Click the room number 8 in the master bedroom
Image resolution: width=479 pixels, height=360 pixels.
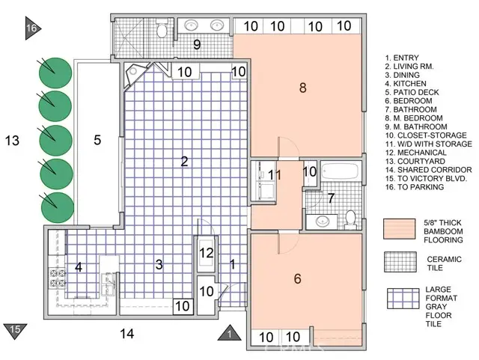(302, 88)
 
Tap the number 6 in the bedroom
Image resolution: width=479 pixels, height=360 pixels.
(297, 279)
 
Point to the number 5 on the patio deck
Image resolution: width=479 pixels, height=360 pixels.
(97, 139)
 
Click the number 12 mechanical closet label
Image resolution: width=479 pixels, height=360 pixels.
(207, 252)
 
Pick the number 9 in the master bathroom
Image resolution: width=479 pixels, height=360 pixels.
(197, 45)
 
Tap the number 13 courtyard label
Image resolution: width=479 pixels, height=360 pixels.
(12, 140)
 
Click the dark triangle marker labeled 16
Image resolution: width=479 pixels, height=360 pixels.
(31, 28)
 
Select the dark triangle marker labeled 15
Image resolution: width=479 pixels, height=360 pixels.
(16, 329)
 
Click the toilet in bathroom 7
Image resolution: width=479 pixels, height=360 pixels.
(350, 219)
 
